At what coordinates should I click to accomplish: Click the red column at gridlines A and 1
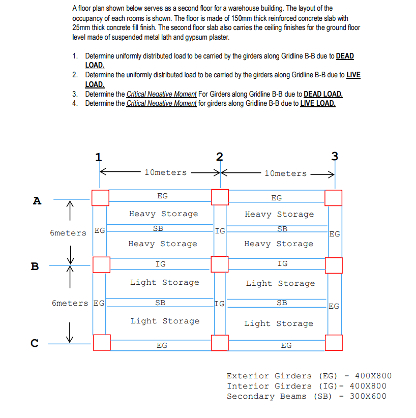(x=101, y=198)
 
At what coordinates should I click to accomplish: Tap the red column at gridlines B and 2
(x=220, y=264)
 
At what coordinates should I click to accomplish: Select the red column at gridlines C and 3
(x=334, y=342)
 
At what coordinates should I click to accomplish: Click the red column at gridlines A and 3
(x=333, y=198)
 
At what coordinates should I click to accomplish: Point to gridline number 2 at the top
(x=219, y=156)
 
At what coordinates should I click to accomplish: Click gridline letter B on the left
(x=35, y=266)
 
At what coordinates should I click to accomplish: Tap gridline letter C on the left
(x=35, y=343)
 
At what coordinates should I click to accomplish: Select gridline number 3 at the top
(x=334, y=156)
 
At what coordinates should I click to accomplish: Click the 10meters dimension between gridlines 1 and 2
(x=165, y=173)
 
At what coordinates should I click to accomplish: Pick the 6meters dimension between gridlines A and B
(x=68, y=233)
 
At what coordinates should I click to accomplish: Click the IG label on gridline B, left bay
(x=160, y=264)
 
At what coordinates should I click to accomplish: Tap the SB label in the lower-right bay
(x=281, y=303)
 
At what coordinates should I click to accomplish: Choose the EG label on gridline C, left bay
(x=162, y=345)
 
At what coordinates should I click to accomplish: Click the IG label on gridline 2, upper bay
(x=220, y=231)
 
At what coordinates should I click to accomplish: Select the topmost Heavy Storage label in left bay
(x=163, y=214)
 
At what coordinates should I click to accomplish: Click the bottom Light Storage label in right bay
(x=279, y=323)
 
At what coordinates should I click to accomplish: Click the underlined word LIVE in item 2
(x=353, y=75)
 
